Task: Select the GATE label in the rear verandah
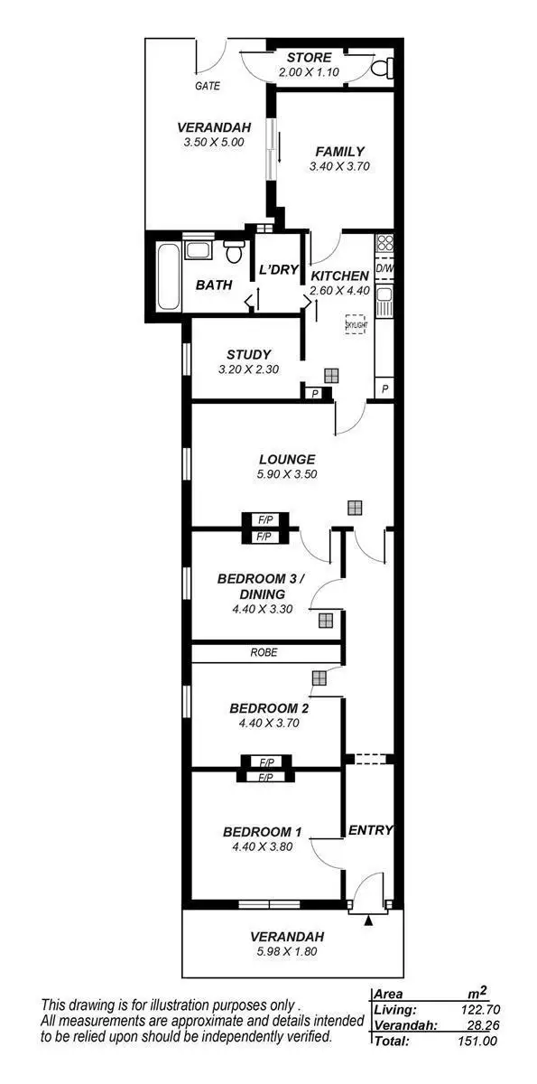tap(208, 87)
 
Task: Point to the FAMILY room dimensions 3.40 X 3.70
tap(339, 166)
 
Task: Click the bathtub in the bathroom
tap(165, 276)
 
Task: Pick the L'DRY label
tap(278, 270)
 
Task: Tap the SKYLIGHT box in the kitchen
tap(356, 324)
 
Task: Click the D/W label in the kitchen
tap(384, 268)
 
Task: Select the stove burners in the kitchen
tap(384, 242)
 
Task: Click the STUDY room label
tap(248, 354)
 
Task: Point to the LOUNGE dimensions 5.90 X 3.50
tap(286, 473)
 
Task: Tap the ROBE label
tap(264, 652)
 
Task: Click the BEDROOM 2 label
tap(264, 707)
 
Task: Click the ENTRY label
tap(371, 830)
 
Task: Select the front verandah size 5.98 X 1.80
tap(286, 950)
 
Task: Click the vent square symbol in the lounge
tap(355, 508)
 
